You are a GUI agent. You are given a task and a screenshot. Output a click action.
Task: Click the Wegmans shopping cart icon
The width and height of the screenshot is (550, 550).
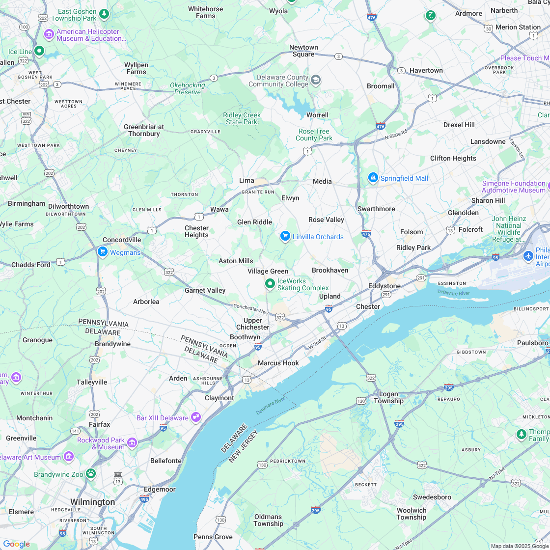(x=102, y=252)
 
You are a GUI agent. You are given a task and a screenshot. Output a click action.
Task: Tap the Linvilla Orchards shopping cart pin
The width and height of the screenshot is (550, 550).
(x=285, y=236)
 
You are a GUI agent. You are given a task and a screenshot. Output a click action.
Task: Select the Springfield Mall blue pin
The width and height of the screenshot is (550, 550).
(x=373, y=177)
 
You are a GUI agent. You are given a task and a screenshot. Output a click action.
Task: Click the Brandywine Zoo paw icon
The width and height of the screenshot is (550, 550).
(x=91, y=473)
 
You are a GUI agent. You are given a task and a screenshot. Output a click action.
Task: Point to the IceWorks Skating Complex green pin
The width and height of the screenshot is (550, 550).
(x=270, y=283)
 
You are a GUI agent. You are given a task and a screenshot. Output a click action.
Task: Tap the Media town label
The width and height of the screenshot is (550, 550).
(x=322, y=181)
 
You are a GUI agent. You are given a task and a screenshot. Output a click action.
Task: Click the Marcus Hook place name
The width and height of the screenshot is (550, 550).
(x=278, y=363)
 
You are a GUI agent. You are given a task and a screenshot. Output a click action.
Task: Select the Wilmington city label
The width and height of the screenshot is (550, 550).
(x=92, y=502)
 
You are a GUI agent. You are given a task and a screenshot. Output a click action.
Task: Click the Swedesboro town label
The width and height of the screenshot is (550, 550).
(x=432, y=497)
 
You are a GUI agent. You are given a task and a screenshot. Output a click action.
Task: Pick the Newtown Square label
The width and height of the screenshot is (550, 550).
(x=303, y=51)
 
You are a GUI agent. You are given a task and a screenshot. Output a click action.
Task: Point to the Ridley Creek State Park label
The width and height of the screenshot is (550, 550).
(x=242, y=118)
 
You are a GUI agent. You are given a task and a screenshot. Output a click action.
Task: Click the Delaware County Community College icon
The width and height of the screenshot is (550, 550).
(x=316, y=80)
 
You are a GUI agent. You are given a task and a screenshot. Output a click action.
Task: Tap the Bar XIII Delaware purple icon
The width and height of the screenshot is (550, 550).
(x=196, y=417)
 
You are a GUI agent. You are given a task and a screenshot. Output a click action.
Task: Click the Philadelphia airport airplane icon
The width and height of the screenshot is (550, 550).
(x=528, y=256)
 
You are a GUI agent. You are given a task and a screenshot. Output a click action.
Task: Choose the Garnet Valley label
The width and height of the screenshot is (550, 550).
(x=205, y=290)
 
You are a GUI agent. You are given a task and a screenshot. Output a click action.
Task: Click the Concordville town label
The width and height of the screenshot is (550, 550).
(x=122, y=240)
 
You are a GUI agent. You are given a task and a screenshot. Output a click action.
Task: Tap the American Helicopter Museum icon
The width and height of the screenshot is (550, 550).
(x=49, y=34)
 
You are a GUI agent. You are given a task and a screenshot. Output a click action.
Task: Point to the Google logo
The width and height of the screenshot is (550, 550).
(x=16, y=544)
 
